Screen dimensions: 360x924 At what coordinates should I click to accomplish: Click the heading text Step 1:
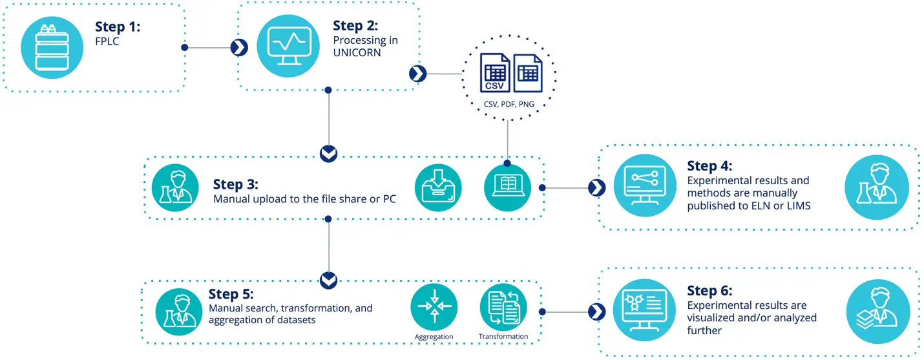(118, 27)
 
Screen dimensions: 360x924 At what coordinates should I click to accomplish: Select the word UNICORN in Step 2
(357, 53)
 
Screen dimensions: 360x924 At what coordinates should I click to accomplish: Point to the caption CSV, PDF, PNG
(509, 103)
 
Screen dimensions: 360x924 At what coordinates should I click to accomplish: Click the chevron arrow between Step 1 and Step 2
(239, 47)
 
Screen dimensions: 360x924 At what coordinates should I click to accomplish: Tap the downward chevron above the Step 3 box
(329, 153)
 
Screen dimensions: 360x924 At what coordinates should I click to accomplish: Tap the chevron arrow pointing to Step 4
(596, 188)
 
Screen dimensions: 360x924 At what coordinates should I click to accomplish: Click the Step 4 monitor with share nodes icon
(640, 188)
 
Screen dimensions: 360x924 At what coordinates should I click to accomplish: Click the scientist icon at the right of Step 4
(872, 188)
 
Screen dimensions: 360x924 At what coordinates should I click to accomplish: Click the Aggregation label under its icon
(434, 337)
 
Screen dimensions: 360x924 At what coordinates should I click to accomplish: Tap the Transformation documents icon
(503, 307)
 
